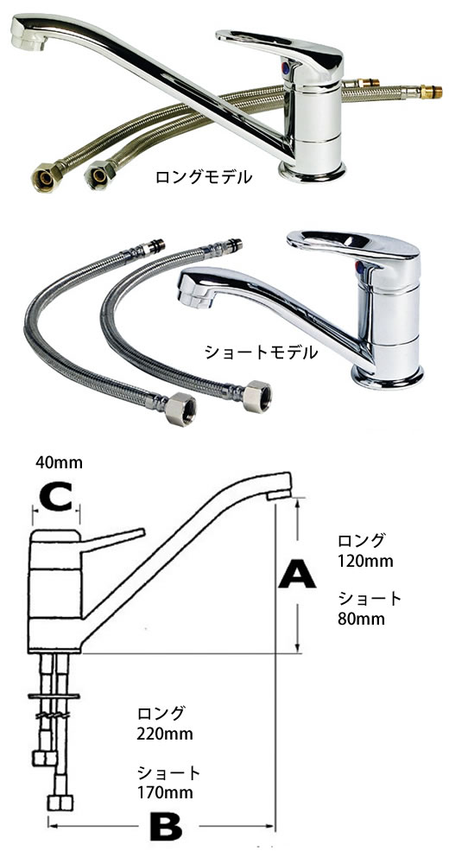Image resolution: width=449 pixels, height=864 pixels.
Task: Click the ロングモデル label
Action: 204,177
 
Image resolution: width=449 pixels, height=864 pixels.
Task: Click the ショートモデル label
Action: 261,353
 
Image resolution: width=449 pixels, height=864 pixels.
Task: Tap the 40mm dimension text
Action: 59,462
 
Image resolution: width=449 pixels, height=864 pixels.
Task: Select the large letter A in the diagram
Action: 297,575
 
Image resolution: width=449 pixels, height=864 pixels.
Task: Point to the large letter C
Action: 56,495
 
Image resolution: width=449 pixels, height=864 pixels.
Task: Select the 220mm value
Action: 165,734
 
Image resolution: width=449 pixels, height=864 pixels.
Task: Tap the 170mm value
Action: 165,793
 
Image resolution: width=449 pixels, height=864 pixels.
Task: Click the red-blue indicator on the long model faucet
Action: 285,67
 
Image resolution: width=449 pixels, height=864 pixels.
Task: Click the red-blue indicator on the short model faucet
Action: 359,269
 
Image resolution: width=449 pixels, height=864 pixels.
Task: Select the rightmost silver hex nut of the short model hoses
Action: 258,397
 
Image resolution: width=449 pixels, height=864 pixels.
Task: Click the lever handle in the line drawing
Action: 112,539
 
